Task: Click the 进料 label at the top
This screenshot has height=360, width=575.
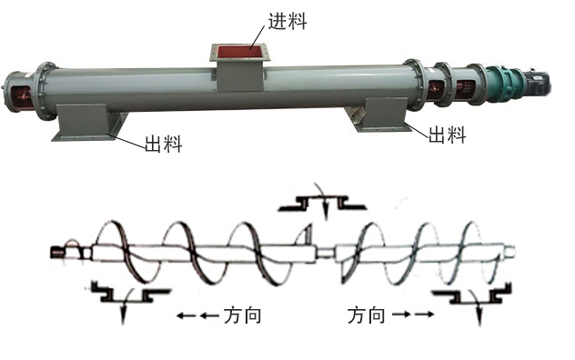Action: (285, 20)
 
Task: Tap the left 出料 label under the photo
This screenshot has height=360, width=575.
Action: (163, 143)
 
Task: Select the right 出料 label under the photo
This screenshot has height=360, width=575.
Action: (448, 135)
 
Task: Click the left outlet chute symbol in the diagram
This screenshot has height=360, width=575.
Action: (128, 293)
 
